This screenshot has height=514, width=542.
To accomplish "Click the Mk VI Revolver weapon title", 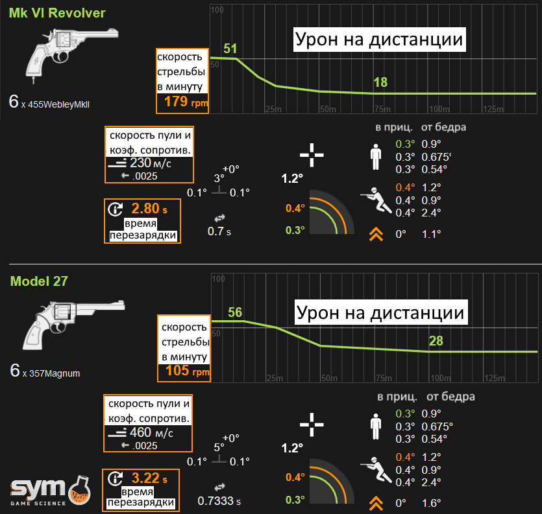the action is coord(57,13).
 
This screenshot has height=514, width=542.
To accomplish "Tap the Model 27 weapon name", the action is coord(39,281).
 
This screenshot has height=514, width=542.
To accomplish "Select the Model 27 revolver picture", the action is coord(73,325).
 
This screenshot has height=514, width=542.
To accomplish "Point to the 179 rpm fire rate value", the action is coord(186,102).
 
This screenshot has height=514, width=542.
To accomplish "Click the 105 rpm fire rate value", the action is coord(188,371).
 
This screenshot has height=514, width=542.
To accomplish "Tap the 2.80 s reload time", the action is coord(149,209).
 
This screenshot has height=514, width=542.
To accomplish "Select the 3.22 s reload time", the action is coord(149,478).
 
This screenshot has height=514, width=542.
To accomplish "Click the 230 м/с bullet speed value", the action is coord(151,163).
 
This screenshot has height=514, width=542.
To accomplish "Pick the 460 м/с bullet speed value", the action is coord(151,432).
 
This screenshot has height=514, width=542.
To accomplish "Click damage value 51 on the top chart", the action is coord(230,49).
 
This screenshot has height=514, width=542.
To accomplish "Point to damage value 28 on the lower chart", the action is coord(436,341).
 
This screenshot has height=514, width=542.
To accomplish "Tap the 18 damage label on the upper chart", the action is coord(380,82).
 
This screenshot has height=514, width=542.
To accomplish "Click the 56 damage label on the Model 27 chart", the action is coord(235,312).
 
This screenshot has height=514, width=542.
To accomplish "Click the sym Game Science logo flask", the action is coord(79,490).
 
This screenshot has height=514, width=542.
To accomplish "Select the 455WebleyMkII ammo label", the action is coord(58,104).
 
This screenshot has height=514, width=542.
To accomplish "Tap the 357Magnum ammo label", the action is coord(55,373).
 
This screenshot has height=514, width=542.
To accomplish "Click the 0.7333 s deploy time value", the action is coord(219,501).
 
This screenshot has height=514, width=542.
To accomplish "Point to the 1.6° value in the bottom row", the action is coord(432,503).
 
